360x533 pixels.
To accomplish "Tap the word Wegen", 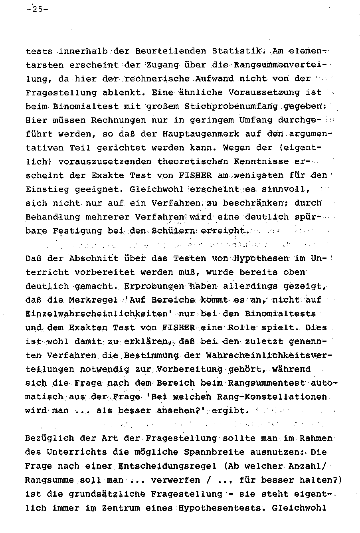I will click(237, 148).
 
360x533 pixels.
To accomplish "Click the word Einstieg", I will click(47, 189).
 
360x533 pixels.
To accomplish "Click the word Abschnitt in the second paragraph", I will click(94, 258).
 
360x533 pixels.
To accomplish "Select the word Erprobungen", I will click(148, 286).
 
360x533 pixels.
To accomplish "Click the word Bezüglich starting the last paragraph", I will click(47, 438).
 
